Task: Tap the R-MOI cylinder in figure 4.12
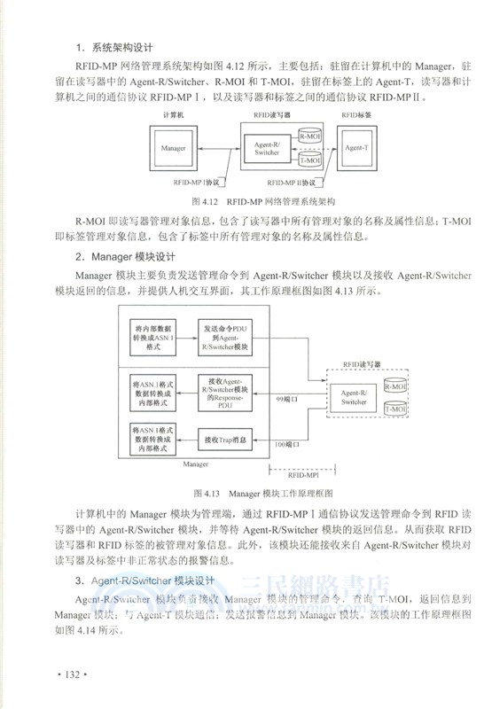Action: (310, 136)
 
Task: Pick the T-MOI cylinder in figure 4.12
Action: (310, 160)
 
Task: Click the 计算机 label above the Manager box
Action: (173, 115)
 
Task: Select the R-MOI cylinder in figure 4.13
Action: (393, 386)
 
